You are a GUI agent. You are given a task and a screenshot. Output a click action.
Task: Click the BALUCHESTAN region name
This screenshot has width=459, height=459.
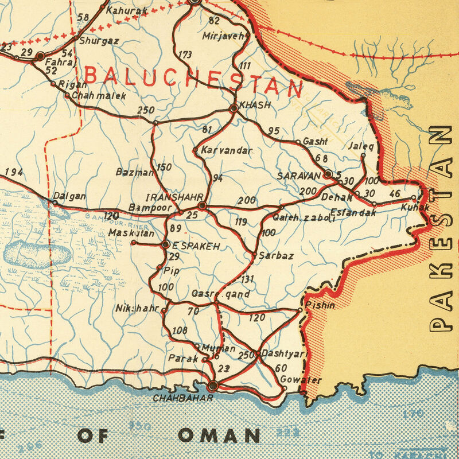pos(193,81)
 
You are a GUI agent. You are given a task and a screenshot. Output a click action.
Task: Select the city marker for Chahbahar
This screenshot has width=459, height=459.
pos(213,386)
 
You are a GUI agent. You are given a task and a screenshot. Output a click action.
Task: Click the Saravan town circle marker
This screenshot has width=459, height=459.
pos(328,173)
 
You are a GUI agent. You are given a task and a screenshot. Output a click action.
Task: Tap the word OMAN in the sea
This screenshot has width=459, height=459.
pos(219,435)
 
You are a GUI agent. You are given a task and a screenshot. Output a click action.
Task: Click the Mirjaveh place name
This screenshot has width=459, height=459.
pos(223,36)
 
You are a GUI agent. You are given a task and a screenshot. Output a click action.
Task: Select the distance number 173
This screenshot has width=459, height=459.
pos(185,56)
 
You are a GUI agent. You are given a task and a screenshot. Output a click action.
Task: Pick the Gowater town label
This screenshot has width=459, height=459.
pos(301,380)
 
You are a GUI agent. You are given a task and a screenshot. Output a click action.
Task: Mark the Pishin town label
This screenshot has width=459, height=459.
pos(321,305)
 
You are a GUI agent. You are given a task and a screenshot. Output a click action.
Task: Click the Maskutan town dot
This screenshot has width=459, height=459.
pos(134,243)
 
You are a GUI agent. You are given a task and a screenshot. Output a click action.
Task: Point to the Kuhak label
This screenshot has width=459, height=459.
pos(415,207)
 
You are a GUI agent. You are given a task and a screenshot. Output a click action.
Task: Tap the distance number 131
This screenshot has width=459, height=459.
pos(247,279)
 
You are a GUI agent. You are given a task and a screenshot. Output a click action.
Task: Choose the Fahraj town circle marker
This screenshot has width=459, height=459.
pos(40,56)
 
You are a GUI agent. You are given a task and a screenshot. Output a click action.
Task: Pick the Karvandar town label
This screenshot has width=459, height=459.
pos(227,150)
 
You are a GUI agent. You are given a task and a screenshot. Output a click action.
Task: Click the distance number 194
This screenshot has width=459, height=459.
pos(14,172)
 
